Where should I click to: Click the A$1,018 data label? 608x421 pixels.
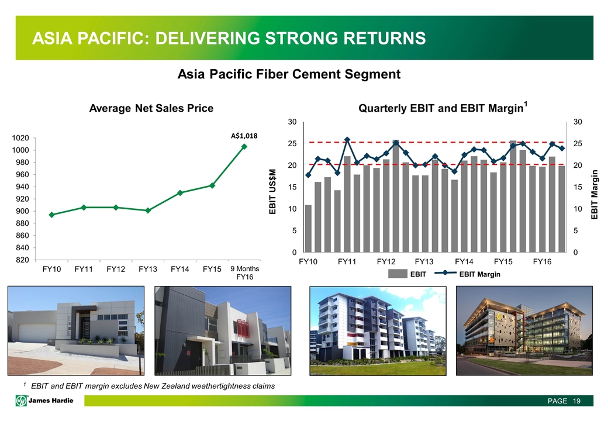(x=244, y=136)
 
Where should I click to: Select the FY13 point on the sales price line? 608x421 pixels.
(x=148, y=210)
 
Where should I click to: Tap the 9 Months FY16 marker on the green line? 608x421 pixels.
(x=244, y=147)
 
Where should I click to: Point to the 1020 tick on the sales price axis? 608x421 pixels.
(x=20, y=138)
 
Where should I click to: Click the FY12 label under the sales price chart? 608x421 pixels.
(x=116, y=269)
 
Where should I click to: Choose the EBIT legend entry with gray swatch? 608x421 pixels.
(x=407, y=274)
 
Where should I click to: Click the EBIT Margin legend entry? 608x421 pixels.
(x=468, y=274)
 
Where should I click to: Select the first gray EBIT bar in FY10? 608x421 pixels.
(x=308, y=228)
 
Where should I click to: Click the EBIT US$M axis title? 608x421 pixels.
(x=273, y=191)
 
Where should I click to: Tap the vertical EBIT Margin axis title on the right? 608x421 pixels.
(x=595, y=195)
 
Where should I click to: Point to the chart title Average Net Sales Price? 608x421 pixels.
(x=151, y=108)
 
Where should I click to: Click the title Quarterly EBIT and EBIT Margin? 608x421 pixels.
(x=443, y=108)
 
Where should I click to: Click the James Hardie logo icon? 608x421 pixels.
(x=21, y=401)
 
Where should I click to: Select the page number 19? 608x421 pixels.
(x=576, y=401)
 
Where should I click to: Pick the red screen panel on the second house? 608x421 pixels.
(x=243, y=328)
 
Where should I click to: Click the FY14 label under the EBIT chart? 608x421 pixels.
(x=464, y=262)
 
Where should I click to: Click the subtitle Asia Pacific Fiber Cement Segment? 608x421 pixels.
(x=289, y=74)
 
